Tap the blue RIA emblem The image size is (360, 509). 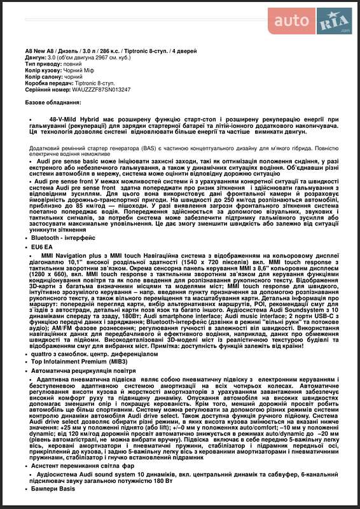(x=335, y=21)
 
